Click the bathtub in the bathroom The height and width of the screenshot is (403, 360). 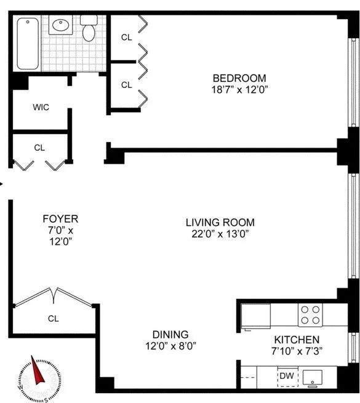point(28,42)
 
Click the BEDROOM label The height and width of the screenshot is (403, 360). point(239,78)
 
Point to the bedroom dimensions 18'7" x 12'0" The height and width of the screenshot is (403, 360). point(239,89)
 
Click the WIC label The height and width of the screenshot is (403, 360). point(41,107)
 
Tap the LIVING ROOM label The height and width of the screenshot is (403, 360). point(220,222)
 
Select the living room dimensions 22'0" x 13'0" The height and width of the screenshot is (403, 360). point(220,233)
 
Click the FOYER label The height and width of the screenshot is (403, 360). point(60,218)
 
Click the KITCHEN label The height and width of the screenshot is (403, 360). point(297,340)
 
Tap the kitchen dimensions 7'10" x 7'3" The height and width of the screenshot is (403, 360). point(297,351)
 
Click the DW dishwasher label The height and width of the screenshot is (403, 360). point(286,375)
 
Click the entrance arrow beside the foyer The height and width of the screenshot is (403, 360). point(2,183)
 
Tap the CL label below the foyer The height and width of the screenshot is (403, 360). point(55,319)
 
